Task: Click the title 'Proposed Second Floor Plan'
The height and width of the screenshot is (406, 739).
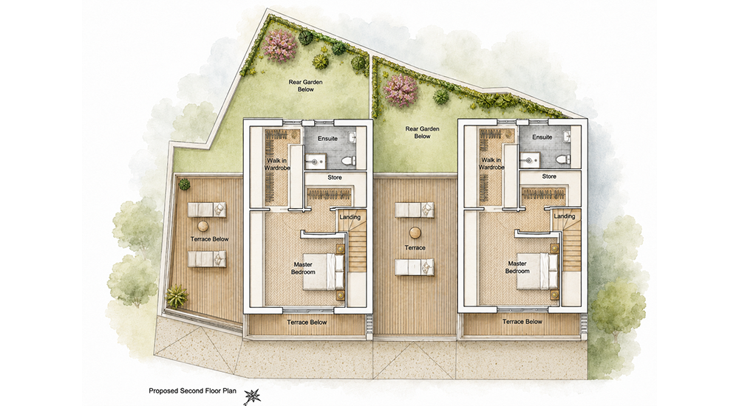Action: [x=193, y=391]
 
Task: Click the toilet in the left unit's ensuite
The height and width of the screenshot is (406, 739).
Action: [x=348, y=161]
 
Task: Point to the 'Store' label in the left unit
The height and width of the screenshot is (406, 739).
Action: [x=335, y=178]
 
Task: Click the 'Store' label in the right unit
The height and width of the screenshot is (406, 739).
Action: [x=549, y=176]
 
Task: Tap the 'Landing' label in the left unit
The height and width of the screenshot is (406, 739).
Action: [x=350, y=217]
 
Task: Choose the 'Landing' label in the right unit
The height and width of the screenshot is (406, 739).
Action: [x=565, y=216]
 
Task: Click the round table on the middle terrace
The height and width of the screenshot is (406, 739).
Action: [x=415, y=233]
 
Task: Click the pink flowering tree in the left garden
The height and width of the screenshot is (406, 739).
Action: [x=280, y=46]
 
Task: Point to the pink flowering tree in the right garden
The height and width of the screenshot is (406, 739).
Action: [x=401, y=90]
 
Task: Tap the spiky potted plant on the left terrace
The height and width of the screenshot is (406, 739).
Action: [x=177, y=296]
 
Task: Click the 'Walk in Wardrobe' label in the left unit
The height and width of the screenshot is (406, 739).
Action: [x=277, y=165]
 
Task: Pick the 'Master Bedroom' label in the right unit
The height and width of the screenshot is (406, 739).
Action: [x=517, y=267]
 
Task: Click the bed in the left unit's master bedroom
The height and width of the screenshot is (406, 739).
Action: [x=324, y=272]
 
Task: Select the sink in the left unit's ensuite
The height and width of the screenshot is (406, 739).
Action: [x=352, y=137]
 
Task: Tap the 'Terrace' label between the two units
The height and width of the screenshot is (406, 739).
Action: [x=415, y=248]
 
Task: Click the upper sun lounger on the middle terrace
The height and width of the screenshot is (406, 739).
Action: [x=415, y=210]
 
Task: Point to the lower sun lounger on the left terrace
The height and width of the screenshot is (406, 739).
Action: [x=208, y=259]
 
